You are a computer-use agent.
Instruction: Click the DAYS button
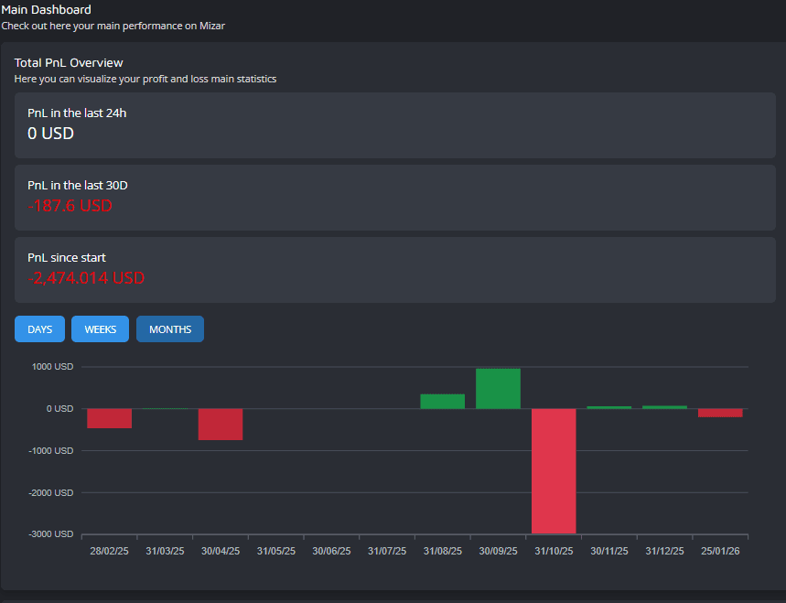pos(39,329)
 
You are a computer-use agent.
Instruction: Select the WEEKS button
pos(100,329)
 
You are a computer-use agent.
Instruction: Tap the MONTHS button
pos(170,329)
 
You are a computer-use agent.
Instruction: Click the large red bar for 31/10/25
pos(554,470)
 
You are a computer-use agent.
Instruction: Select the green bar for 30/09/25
pos(498,389)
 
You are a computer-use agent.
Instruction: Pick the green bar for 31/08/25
pos(442,402)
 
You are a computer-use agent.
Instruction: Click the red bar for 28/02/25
pos(110,418)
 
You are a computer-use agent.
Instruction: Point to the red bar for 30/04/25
pos(221,425)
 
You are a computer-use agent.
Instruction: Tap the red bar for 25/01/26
pos(720,413)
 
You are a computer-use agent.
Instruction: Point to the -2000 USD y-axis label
pos(51,492)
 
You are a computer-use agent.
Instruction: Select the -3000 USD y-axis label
pos(51,533)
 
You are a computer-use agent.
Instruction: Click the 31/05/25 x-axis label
pos(276,552)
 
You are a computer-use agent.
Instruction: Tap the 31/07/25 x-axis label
pos(387,552)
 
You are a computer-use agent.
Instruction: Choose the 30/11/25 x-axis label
pos(609,552)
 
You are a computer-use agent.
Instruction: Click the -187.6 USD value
pos(70,206)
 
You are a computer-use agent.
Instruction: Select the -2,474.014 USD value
pos(86,278)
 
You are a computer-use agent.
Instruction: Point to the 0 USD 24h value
pos(50,134)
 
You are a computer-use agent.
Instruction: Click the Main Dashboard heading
pos(46,10)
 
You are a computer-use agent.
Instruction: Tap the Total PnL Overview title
pos(69,63)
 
